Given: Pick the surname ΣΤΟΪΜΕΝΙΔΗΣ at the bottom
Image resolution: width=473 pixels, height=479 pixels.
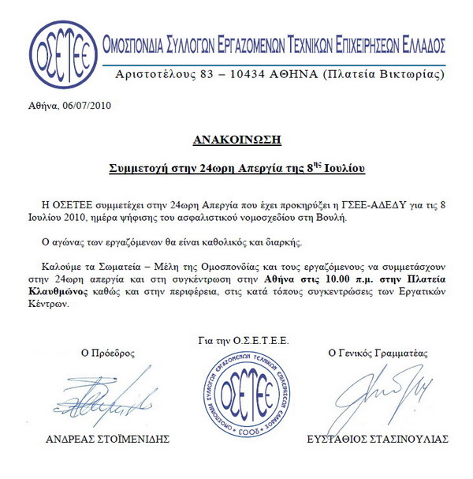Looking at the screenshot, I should point(137,439).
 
